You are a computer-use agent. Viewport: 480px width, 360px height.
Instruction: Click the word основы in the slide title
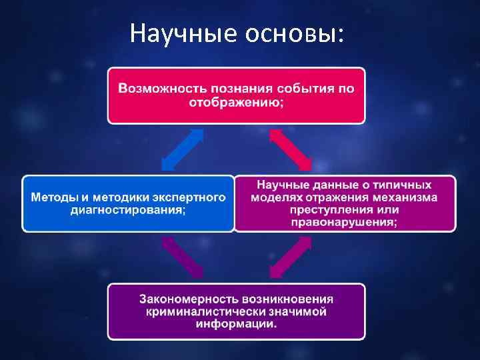(x=287, y=31)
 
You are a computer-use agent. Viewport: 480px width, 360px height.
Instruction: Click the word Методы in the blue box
(x=53, y=198)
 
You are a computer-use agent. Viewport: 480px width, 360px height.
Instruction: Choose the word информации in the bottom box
(x=236, y=324)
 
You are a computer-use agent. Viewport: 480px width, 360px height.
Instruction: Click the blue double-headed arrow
(x=183, y=149)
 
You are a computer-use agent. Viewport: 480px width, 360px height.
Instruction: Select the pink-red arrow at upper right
(x=290, y=149)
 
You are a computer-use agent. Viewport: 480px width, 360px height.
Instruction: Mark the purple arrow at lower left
(x=182, y=257)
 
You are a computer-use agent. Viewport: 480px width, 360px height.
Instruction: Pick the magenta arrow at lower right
(x=290, y=257)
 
